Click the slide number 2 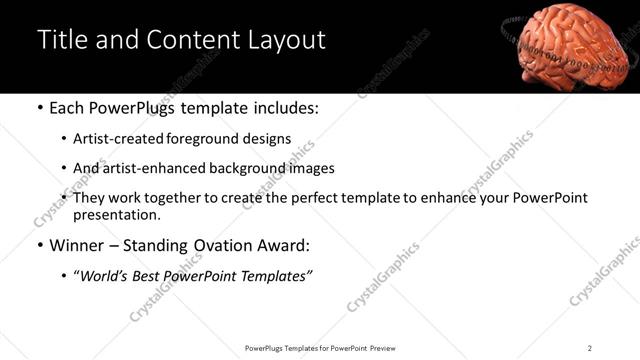(590, 348)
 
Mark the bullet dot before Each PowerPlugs (38, 109)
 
